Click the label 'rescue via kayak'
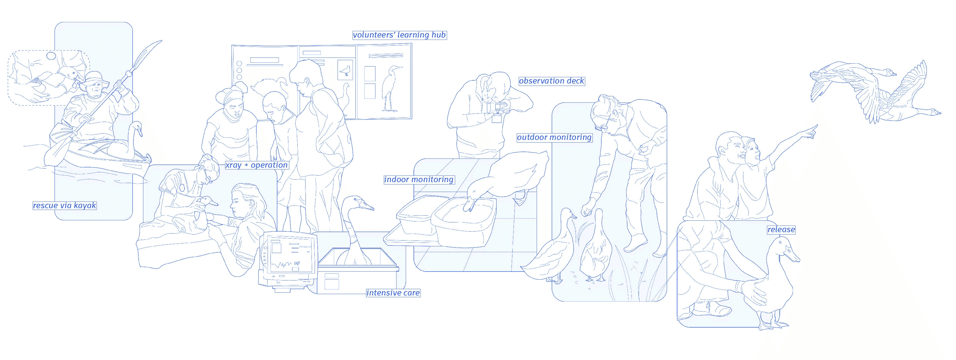64,205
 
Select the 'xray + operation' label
256,165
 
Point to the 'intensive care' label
393,293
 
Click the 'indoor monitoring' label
419,180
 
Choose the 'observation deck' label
551,81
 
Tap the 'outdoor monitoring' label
554,137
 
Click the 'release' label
781,230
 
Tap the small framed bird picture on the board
345,71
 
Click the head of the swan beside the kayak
137,128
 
